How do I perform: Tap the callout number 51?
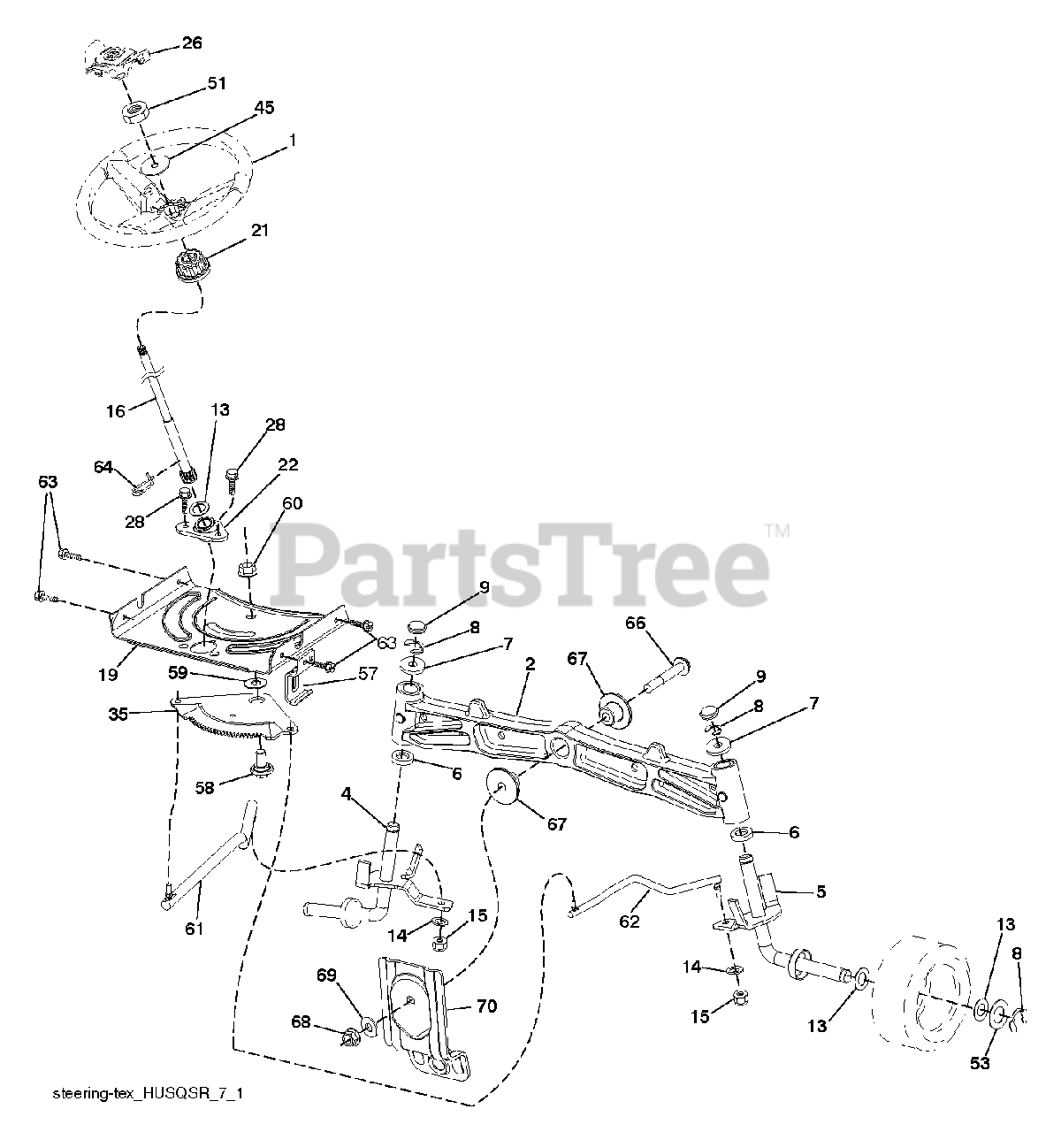216,83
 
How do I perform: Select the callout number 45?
240,108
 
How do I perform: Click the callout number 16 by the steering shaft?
116,410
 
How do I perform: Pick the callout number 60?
292,503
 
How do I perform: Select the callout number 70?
486,1006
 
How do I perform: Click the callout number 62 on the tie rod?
629,921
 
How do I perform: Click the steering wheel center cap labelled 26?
111,58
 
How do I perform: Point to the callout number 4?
348,797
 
